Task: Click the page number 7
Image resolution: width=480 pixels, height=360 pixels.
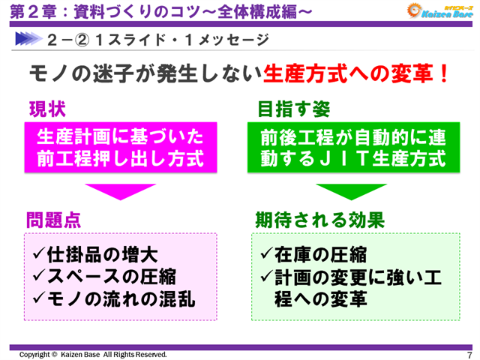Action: click(x=469, y=355)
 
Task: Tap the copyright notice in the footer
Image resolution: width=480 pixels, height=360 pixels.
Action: click(x=93, y=354)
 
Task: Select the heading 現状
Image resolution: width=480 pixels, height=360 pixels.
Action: click(x=47, y=109)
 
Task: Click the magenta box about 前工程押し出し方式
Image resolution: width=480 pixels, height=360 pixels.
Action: click(x=121, y=148)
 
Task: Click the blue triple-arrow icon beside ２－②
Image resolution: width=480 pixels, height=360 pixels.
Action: click(x=27, y=38)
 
